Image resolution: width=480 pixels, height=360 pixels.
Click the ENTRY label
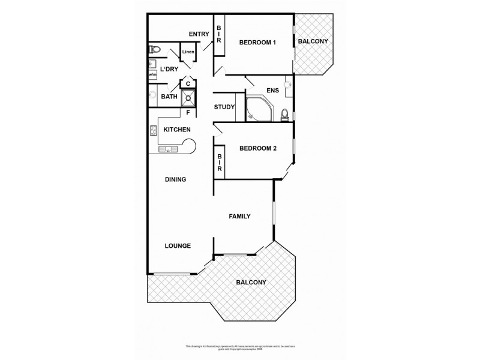[x=198, y=34]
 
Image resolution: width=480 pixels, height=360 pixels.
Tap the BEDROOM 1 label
[x=257, y=42]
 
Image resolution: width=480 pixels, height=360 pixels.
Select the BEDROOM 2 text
[x=257, y=149]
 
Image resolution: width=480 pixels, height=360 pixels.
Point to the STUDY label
[x=224, y=108]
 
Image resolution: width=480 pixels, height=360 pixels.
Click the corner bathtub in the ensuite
[x=259, y=109]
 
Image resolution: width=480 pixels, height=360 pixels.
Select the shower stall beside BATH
[x=189, y=97]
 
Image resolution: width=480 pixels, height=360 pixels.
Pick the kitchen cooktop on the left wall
[x=153, y=131]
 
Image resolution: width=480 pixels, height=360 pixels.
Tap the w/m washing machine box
[x=152, y=74]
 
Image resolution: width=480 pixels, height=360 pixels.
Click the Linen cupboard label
[x=188, y=52]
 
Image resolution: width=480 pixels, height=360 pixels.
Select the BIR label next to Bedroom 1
[x=219, y=34]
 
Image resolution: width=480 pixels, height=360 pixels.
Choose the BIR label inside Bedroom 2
[x=220, y=163]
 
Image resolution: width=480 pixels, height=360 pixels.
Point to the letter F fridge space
[x=188, y=112]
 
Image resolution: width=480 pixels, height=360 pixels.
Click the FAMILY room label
[x=239, y=217]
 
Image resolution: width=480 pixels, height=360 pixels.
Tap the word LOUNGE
[x=178, y=245]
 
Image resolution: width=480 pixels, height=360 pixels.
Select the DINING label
[x=175, y=179]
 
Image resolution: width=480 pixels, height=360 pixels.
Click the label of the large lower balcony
[x=251, y=282]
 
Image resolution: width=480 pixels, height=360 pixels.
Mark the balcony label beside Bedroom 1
[x=313, y=41]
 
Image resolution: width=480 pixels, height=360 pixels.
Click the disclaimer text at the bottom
[x=239, y=348]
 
